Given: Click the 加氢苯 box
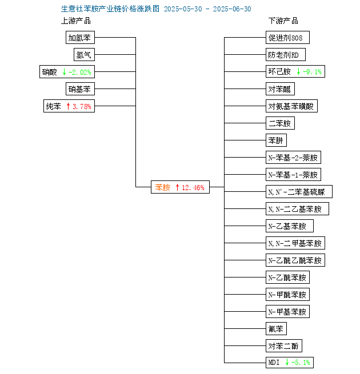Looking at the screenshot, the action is [80, 38].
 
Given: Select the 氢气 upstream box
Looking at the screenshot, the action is [84, 55].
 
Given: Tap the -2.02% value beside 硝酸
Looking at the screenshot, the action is [80, 72].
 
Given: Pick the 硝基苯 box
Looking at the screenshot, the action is [80, 89].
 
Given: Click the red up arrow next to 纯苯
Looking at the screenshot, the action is [68, 106].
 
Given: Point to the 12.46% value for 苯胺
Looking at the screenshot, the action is [193, 187].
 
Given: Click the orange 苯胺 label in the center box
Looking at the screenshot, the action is [163, 187].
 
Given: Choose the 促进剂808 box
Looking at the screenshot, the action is [287, 38].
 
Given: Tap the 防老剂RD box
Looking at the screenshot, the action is [286, 55].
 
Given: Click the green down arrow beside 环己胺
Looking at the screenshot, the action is [298, 71].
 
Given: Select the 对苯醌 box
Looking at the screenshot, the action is [280, 89].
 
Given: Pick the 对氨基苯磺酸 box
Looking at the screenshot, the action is [292, 106].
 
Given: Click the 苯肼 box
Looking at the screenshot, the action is [276, 140].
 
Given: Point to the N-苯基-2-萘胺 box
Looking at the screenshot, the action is [293, 158].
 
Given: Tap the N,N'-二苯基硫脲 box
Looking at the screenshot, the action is [299, 191].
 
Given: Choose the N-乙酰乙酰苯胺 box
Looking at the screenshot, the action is [295, 260].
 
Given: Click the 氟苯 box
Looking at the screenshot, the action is [276, 329].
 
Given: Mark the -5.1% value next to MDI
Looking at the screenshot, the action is [301, 363].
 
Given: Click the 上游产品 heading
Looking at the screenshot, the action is [76, 21].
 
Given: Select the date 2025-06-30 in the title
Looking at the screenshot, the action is [232, 9].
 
